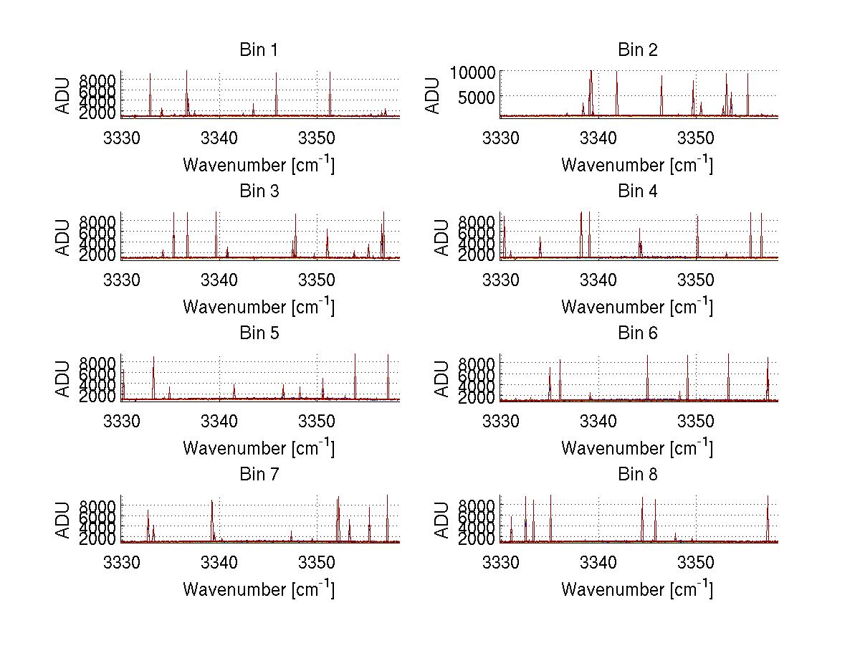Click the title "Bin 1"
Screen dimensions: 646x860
point(259,49)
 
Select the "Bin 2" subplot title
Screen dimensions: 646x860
point(637,49)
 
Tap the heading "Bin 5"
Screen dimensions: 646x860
point(259,333)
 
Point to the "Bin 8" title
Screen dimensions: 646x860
point(637,474)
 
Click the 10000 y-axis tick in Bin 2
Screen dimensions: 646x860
point(472,72)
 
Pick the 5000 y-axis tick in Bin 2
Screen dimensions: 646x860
point(477,95)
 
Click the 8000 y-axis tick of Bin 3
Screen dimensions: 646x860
point(98,221)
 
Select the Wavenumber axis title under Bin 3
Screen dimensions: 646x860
point(259,306)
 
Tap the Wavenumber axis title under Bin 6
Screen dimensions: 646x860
point(637,447)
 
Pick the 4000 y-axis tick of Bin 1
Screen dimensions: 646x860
point(98,102)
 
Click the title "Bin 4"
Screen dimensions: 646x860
point(637,191)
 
